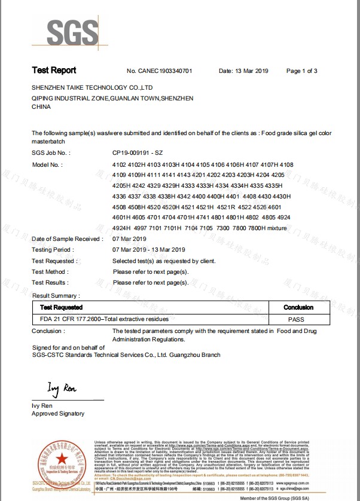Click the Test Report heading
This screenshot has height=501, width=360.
(x=54, y=71)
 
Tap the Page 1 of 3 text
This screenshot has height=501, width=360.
(x=301, y=71)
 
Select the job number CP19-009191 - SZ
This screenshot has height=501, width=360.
(x=137, y=154)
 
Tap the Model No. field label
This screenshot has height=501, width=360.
(x=47, y=164)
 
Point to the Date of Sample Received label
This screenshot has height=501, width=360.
(x=67, y=239)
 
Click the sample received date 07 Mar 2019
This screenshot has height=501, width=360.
(x=130, y=239)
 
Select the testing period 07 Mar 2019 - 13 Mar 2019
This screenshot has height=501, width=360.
(x=149, y=250)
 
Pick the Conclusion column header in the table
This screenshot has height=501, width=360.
(x=298, y=307)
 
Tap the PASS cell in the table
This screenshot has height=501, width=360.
(x=296, y=320)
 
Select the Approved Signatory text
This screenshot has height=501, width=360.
(x=58, y=414)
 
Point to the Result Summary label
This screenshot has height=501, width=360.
(x=56, y=295)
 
